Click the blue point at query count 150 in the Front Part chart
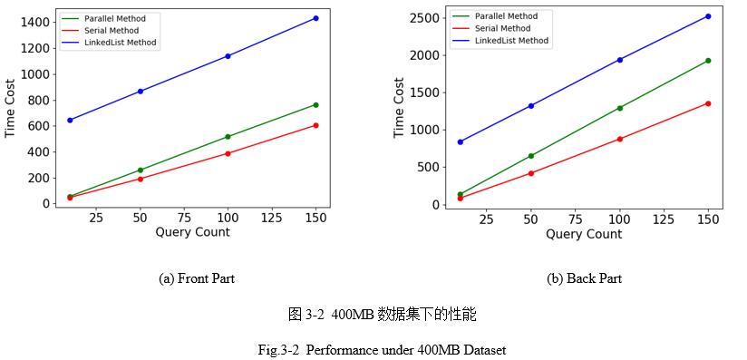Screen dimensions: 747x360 click(315, 18)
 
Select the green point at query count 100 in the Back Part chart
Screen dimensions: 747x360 click(620, 108)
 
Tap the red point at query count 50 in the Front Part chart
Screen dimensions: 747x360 click(140, 179)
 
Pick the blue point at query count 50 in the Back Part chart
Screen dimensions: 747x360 click(531, 106)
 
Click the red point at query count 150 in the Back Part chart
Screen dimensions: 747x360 click(708, 103)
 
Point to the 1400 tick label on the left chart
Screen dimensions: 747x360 click(34, 23)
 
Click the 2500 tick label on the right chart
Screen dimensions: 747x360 click(423, 18)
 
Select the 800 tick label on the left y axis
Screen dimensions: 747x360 click(39, 100)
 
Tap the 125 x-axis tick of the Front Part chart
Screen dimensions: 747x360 click(272, 219)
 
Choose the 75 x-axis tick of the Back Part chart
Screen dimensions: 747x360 click(576, 219)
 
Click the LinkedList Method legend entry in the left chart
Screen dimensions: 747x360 click(120, 43)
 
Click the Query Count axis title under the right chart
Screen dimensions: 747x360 click(584, 234)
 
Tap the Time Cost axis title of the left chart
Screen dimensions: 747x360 click(11, 107)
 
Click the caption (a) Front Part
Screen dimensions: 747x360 click(197, 278)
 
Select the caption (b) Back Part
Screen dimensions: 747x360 click(584, 278)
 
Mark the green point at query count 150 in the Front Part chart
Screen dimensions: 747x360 click(315, 105)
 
